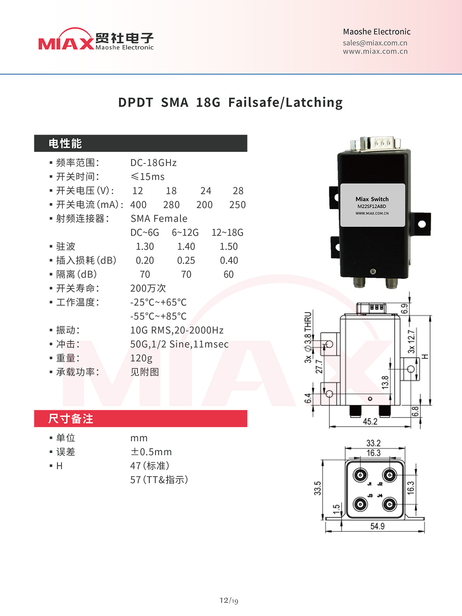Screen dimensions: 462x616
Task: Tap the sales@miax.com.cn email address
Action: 375,43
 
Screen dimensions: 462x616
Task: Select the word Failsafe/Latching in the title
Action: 285,102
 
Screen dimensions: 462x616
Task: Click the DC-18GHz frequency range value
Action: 153,163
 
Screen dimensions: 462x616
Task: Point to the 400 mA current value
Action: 138,205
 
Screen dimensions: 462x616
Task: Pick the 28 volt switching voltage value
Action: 238,191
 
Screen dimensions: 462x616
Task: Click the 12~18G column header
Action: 228,233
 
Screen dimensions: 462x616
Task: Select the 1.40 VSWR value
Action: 186,247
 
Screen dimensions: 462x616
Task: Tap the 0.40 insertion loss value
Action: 229,261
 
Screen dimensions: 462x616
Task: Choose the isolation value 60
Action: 229,275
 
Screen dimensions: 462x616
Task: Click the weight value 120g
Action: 141,358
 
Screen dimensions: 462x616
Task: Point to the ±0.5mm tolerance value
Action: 151,452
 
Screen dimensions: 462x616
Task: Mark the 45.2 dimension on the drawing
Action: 370,421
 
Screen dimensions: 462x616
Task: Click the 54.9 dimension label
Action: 377,526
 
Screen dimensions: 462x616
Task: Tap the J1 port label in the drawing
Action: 370,484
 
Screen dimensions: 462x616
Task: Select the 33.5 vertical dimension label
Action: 317,488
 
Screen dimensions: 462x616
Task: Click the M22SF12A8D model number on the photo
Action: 372,206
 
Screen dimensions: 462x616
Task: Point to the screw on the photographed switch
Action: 373,271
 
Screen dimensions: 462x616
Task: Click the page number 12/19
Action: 229,600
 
